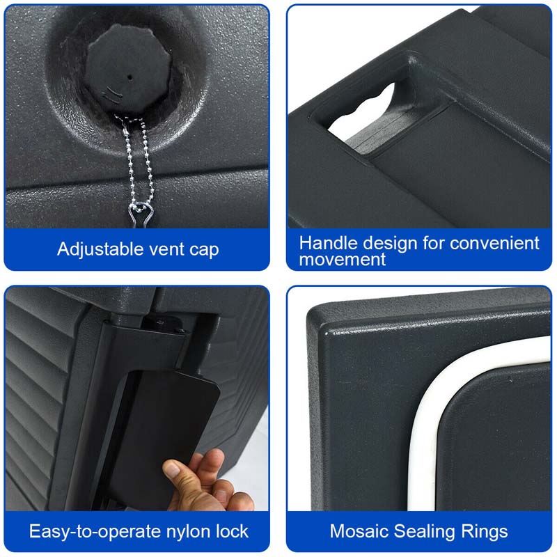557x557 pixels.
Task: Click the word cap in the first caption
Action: (205, 249)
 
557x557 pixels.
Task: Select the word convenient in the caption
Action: (494, 243)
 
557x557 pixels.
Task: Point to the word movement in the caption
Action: (343, 260)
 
